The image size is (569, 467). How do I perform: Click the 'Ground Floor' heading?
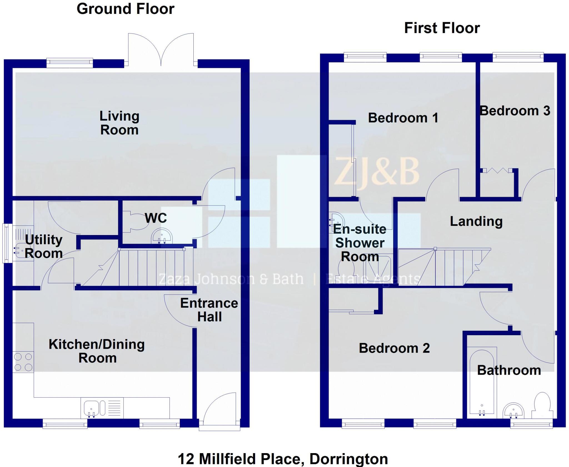click(125, 9)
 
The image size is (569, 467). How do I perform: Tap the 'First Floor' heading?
click(442, 28)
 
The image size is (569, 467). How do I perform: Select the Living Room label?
click(119, 123)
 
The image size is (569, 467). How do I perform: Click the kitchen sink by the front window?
click(91, 408)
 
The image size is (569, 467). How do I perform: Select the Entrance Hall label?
click(209, 310)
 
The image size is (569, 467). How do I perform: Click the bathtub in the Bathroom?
click(482, 383)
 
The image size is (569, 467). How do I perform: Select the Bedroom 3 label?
click(515, 111)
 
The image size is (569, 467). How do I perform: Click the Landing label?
click(476, 221)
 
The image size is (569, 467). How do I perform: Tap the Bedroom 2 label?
click(394, 348)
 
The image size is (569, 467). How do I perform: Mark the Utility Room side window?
click(6, 243)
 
